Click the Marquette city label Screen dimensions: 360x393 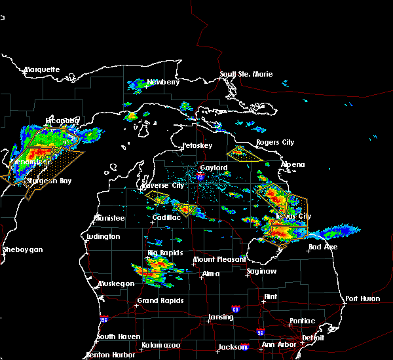coord(42,69)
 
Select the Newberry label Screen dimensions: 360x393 coord(162,82)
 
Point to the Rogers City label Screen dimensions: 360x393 coord(276,142)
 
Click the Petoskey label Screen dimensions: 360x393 coord(196,145)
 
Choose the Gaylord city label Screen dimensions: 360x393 coord(214,168)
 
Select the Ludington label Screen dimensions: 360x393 coord(103,236)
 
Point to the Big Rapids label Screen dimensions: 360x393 coord(164,252)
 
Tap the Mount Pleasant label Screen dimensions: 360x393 coord(214,260)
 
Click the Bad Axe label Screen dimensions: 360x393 coord(323,247)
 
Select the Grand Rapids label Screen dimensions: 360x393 coord(160,301)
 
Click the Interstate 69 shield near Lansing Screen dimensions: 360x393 coord(234,308)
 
